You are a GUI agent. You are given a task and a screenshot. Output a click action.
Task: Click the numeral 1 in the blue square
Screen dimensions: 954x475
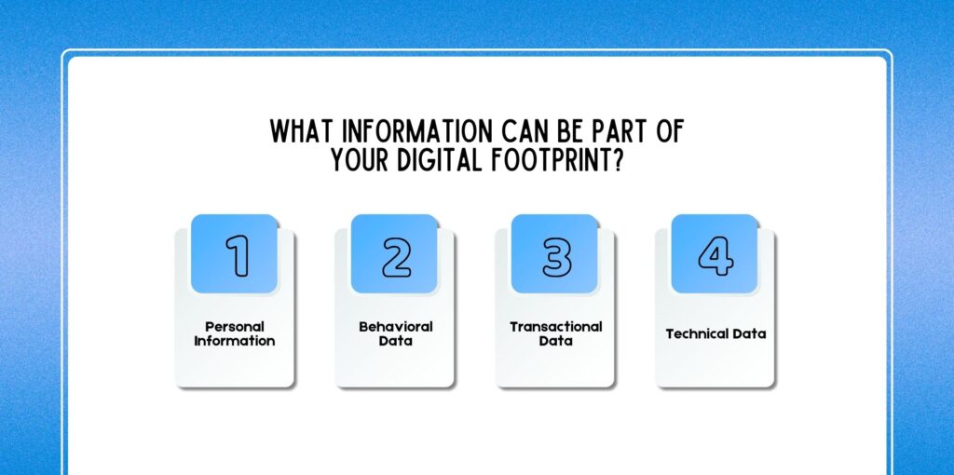click(238, 255)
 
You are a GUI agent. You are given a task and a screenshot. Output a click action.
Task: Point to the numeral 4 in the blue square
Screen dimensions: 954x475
click(716, 255)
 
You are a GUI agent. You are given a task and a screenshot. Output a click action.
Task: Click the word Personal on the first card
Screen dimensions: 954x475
click(235, 327)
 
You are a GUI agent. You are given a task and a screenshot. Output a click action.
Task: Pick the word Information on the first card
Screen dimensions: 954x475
click(235, 341)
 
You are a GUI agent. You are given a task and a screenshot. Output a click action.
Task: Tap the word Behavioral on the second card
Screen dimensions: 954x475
click(395, 327)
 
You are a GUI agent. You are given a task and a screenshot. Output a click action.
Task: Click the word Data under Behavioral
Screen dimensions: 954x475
click(395, 341)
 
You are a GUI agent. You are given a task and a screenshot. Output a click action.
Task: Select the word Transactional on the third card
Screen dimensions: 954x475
click(555, 327)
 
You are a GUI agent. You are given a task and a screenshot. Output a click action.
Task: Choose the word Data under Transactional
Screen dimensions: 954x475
click(555, 341)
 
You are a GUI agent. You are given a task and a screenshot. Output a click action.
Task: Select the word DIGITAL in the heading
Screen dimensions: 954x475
click(439, 160)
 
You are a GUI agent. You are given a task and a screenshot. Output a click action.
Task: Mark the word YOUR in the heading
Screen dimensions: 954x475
click(361, 160)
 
